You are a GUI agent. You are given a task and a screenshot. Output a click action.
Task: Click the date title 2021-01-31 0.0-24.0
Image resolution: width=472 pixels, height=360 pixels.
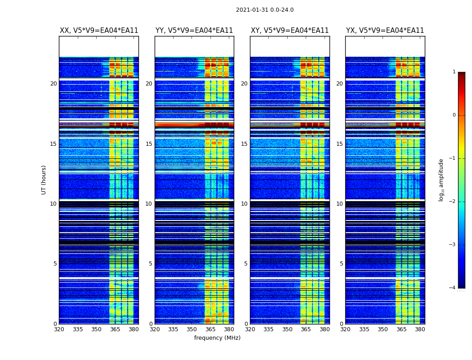265,10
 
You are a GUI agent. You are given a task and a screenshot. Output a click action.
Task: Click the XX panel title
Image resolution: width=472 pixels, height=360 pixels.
99,31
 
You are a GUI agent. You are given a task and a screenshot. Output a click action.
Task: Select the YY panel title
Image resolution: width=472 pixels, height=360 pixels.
194,31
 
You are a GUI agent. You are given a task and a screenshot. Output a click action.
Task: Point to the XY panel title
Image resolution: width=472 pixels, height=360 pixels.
289,31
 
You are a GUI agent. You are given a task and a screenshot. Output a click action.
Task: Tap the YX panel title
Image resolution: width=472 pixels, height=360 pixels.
385,31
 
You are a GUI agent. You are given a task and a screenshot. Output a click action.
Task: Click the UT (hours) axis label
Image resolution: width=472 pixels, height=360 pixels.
44,180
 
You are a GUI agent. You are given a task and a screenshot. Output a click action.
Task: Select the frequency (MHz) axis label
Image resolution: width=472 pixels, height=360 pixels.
217,338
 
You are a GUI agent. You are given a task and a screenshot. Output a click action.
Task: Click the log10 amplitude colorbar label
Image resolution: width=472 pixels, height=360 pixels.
441,180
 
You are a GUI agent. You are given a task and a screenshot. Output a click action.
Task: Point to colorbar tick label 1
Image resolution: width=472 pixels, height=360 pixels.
454,72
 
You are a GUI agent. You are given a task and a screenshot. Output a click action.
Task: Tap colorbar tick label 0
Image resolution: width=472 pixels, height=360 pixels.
454,115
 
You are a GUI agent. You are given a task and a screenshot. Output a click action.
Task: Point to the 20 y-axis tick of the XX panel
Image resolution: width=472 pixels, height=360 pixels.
53,84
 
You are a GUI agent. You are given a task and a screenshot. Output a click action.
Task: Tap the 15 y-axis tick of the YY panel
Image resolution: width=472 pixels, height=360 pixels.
149,144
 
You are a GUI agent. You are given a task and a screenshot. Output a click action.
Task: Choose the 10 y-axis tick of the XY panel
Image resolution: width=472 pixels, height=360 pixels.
244,204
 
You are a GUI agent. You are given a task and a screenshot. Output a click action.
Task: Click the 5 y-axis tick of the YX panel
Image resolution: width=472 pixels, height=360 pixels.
341,264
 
